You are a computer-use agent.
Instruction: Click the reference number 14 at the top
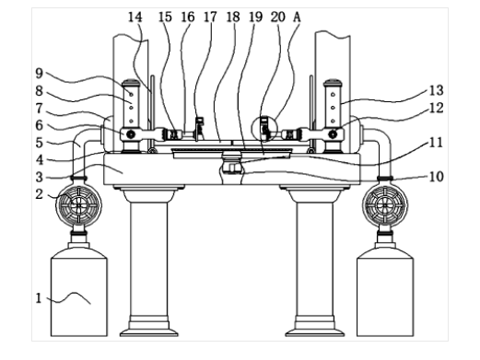click(x=135, y=17)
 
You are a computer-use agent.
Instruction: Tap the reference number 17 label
click(x=210, y=17)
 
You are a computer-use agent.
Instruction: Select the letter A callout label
click(x=297, y=17)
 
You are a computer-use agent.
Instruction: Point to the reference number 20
click(x=278, y=17)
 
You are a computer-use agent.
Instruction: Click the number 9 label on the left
click(x=39, y=74)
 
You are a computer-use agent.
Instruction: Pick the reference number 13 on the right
click(x=436, y=90)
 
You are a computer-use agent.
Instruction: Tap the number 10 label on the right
click(x=436, y=177)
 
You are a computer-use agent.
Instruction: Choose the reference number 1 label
click(x=39, y=298)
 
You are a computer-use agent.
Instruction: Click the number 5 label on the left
click(x=39, y=143)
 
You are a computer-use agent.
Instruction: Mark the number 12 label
click(x=436, y=108)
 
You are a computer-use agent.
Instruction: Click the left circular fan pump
click(x=78, y=205)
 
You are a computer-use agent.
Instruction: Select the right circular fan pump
click(x=385, y=205)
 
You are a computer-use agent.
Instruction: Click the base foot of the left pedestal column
click(x=149, y=329)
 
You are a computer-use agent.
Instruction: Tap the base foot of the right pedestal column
click(x=315, y=329)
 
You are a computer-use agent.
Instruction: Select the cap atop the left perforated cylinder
click(x=131, y=82)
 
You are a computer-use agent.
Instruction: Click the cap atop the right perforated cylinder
click(x=333, y=82)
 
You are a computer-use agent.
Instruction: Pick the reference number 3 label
click(x=39, y=178)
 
